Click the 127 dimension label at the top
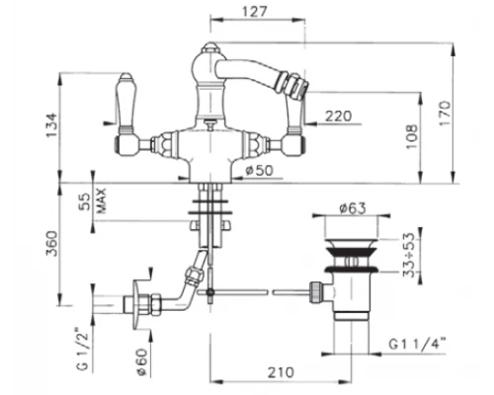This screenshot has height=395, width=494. (254, 12)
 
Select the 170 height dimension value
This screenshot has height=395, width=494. (445, 113)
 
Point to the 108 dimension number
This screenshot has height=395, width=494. (411, 136)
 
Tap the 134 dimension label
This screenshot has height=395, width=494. (51, 125)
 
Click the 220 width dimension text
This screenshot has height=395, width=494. (338, 117)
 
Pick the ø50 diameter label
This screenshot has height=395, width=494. (260, 170)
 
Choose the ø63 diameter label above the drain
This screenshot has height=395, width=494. (353, 208)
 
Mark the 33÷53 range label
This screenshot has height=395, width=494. (410, 255)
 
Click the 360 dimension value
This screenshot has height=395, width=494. (51, 244)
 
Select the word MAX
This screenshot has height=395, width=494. (102, 200)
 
